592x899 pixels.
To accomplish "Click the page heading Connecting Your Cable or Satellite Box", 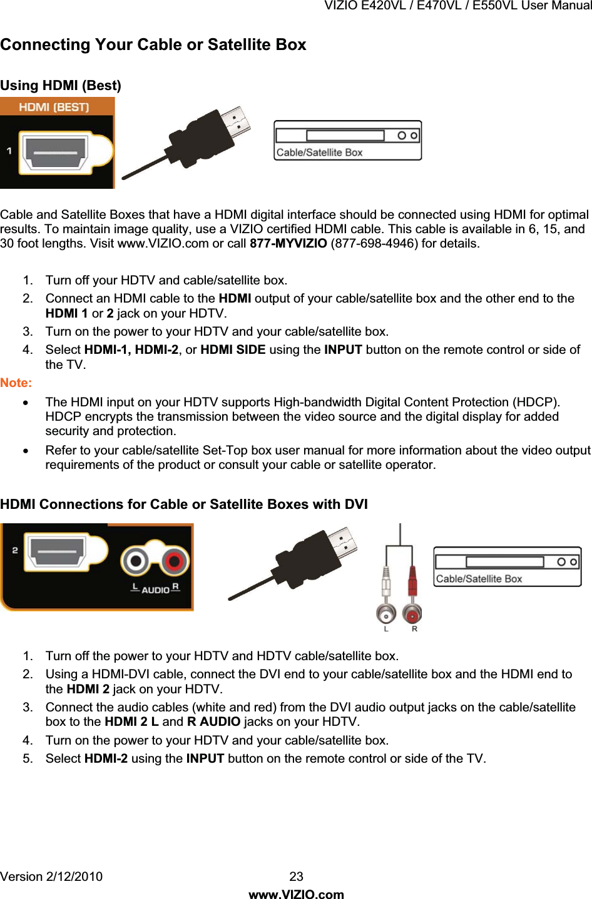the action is click(153, 45).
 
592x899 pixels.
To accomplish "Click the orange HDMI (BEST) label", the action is click(54, 107).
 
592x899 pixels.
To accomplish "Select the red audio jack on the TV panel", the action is click(175, 561).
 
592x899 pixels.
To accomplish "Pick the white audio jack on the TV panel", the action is click(136, 561).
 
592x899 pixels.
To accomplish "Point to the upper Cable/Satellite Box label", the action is click(319, 153).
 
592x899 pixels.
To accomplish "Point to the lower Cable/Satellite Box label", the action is click(479, 579).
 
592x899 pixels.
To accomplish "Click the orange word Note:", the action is click(16, 383).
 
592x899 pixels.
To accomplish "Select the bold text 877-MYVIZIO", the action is click(288, 243).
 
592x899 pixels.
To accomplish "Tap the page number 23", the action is click(296, 876).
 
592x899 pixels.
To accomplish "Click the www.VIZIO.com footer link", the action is click(296, 895).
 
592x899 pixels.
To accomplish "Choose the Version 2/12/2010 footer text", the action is click(51, 876).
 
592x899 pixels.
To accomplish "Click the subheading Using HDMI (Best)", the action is click(61, 86).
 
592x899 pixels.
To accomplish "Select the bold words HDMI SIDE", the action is click(233, 349).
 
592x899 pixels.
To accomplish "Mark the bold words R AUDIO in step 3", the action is click(213, 722).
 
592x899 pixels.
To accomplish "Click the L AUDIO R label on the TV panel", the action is click(155, 589).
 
